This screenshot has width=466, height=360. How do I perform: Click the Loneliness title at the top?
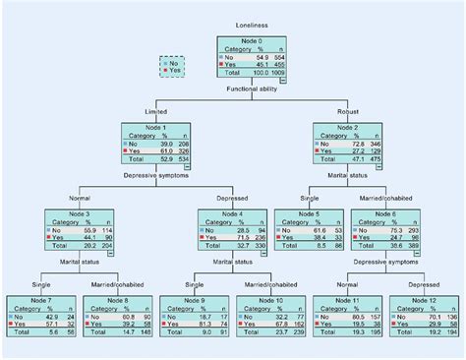pyautogui.click(x=251, y=22)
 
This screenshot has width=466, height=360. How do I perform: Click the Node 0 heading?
pyautogui.click(x=251, y=40)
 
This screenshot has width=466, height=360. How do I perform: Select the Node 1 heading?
pyautogui.click(x=156, y=128)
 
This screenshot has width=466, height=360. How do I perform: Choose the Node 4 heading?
pyautogui.click(x=231, y=213)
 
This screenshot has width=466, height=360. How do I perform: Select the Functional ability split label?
pyautogui.click(x=251, y=90)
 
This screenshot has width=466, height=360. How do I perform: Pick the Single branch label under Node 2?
pyautogui.click(x=310, y=198)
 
